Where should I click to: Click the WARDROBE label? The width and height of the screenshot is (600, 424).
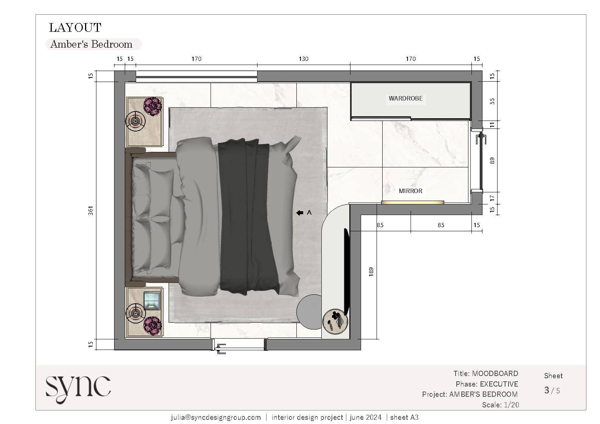[406, 98]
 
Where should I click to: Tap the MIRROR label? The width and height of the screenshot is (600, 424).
[410, 191]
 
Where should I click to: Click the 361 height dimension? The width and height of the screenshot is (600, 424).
[91, 210]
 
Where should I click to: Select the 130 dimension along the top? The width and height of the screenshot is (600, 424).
[303, 59]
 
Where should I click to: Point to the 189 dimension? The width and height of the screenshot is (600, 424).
[371, 271]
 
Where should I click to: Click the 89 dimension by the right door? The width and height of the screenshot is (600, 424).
[492, 160]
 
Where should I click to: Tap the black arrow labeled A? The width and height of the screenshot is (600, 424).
[300, 213]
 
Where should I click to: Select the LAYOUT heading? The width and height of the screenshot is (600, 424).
[75, 28]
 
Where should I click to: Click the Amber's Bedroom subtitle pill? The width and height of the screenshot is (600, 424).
[93, 44]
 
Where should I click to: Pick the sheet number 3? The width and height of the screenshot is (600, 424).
[547, 390]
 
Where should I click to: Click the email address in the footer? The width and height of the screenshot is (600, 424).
[216, 417]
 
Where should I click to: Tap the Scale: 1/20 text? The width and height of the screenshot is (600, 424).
[500, 405]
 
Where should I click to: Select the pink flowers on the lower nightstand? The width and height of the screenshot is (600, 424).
[153, 325]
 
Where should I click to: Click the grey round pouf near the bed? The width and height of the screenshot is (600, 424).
[309, 311]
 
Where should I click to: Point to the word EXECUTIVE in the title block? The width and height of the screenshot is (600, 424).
[499, 384]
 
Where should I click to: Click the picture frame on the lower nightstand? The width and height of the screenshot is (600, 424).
[152, 301]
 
